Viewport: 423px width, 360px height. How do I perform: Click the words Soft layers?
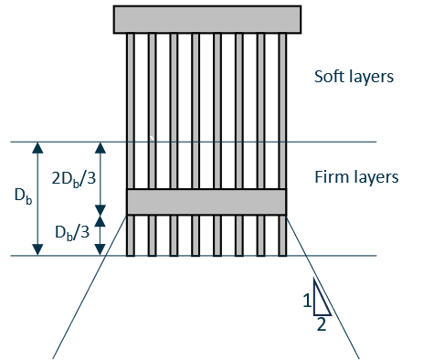354,77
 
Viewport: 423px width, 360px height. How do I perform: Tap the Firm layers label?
355,176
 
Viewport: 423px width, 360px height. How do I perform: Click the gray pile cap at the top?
207,19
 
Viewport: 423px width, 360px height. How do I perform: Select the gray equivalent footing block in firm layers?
206,201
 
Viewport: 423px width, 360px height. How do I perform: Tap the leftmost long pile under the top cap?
132,110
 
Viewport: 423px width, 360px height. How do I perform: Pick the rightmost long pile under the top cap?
281,110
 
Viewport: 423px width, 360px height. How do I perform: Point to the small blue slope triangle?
320,298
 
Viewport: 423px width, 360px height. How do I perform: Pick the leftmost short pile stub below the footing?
132,235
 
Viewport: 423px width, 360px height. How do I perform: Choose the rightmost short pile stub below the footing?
281,235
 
